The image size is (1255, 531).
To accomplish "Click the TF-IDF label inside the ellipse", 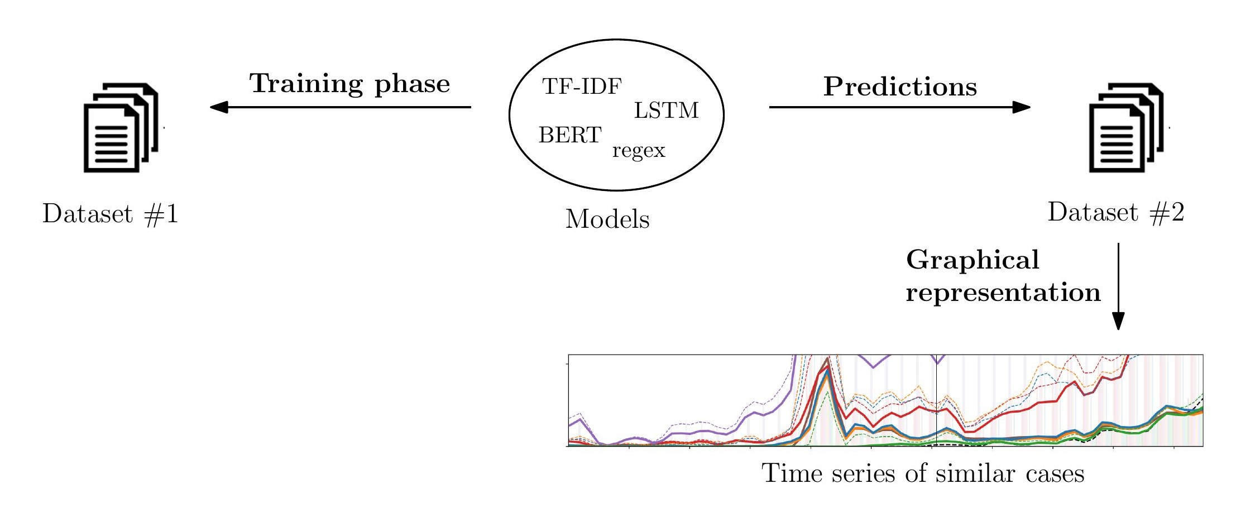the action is (x=582, y=87).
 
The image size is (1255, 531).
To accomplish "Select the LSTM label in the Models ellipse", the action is (x=666, y=111).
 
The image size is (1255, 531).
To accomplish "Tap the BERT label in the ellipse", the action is (x=570, y=135).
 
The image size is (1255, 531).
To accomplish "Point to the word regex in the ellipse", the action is (x=639, y=151).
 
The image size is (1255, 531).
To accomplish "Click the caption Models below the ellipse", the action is (x=607, y=219).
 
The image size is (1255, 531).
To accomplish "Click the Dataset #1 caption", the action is (x=111, y=214).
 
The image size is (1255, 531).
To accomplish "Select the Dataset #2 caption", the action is (x=1116, y=212).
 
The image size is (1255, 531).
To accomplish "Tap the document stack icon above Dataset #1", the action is (x=121, y=128).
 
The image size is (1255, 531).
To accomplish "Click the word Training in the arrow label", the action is (x=306, y=84).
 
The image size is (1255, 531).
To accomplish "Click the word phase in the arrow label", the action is (x=412, y=84).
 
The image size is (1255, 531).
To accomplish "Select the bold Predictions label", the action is (x=900, y=87).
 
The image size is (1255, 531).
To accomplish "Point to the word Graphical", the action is (x=973, y=260).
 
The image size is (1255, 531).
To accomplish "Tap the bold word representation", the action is (x=1003, y=293).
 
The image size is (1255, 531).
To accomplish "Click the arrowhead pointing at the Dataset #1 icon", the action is (x=219, y=107).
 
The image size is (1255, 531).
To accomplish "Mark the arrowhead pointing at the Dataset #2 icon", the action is (x=1021, y=107).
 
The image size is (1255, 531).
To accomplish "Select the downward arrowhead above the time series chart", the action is (x=1118, y=320).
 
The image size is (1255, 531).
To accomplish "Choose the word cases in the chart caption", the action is (x=1055, y=474).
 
